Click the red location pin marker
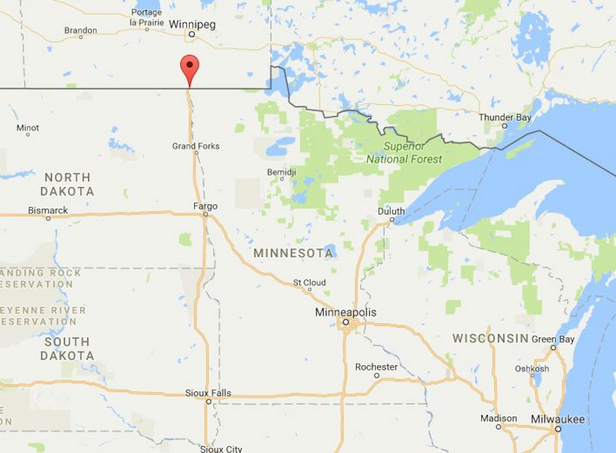point(190,67)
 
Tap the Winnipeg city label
point(192,25)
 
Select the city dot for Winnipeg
point(192,34)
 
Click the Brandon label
point(80,30)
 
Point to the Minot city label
point(28,128)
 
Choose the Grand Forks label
point(196,146)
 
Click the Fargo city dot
point(206,214)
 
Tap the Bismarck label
point(48,210)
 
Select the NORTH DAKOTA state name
point(67,184)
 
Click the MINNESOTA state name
point(293,253)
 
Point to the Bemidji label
point(281,172)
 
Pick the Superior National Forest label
point(404,153)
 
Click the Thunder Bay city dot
point(504,126)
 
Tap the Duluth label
point(391,211)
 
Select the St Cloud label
point(309,283)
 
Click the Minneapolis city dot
point(346,322)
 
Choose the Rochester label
point(376,367)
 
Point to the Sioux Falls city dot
point(209,402)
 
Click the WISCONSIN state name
point(491,338)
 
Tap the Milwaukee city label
point(558,419)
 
